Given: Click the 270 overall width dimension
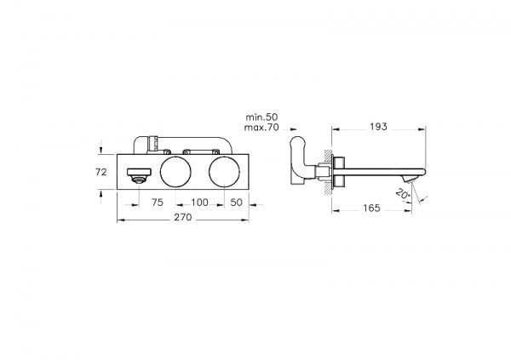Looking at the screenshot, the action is (x=183, y=217).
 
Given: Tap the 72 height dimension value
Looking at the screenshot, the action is (x=101, y=172).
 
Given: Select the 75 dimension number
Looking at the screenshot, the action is (x=157, y=203).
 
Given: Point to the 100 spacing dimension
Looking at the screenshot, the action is (x=200, y=203).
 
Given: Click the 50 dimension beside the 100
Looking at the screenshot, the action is (x=236, y=203).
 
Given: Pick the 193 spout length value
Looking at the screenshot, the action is (x=378, y=127).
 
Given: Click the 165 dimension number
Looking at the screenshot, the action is (x=371, y=208).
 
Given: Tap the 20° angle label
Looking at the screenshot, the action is (x=403, y=194).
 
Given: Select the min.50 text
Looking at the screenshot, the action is (x=261, y=117).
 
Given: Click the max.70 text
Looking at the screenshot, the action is (x=261, y=127).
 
